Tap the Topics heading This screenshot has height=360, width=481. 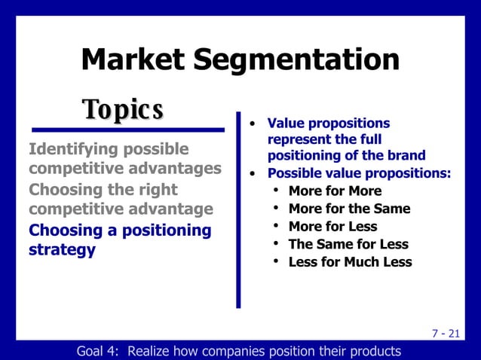124,110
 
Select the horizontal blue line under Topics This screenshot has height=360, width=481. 127,130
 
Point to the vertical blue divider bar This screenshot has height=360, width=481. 238,211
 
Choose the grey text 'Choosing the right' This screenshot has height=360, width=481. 103,189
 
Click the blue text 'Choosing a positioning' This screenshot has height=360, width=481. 120,230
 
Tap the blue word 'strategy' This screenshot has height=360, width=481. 62,249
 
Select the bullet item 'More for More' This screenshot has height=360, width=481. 335,191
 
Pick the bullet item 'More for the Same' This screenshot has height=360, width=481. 349,209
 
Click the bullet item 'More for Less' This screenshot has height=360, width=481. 332,227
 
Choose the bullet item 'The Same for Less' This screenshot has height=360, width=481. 348,245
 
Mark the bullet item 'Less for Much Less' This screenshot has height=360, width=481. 350,263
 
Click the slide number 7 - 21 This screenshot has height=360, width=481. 446,334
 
